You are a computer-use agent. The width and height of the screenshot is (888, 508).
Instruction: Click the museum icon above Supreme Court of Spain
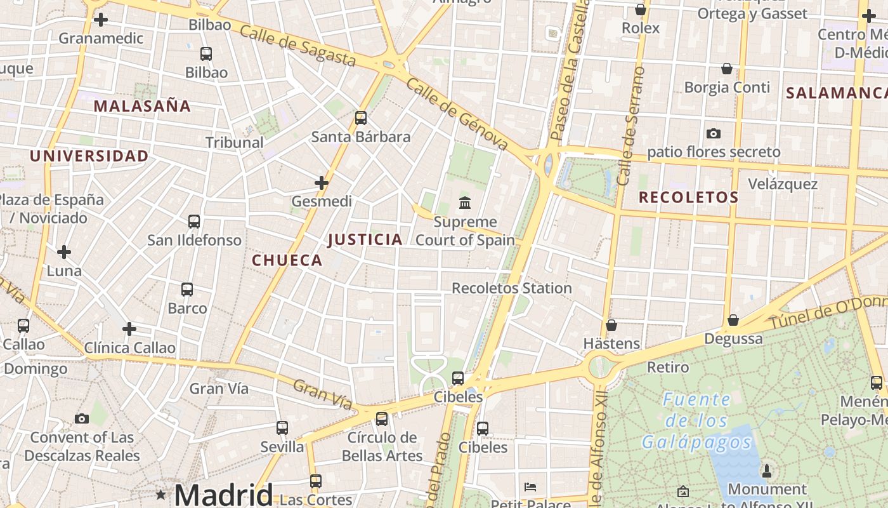(x=465, y=203)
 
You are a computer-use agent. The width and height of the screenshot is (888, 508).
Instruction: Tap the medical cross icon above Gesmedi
(x=322, y=183)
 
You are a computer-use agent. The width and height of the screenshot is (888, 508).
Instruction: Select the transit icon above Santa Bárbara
(x=361, y=117)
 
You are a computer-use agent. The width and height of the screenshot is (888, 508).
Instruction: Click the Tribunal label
(x=235, y=142)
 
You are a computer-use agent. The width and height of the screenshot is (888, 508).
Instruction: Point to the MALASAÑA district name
(x=142, y=106)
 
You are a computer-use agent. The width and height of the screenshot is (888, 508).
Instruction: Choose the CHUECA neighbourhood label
(x=287, y=260)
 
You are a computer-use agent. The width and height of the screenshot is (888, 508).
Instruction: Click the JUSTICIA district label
(x=365, y=239)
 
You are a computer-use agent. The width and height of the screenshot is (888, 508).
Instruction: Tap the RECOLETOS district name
(x=689, y=197)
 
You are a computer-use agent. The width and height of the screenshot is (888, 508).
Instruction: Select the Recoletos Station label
(x=512, y=288)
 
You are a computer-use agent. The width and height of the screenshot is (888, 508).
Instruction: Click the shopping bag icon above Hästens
(x=611, y=325)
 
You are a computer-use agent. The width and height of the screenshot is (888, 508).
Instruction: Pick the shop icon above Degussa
(x=733, y=320)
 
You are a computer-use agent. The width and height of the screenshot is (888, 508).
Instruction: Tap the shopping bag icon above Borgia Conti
(x=727, y=69)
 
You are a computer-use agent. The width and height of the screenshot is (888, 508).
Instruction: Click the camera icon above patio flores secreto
(x=714, y=133)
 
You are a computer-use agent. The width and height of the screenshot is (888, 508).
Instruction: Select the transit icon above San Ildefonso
(x=194, y=222)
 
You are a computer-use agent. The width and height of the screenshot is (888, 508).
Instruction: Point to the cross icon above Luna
(x=64, y=252)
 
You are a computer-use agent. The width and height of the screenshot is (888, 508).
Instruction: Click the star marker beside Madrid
(x=161, y=494)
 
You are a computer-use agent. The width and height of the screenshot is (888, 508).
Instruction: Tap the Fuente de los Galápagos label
(x=696, y=420)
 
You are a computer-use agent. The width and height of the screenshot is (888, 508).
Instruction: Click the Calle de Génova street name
(x=457, y=114)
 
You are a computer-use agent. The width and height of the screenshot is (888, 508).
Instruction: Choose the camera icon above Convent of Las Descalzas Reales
(x=82, y=418)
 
